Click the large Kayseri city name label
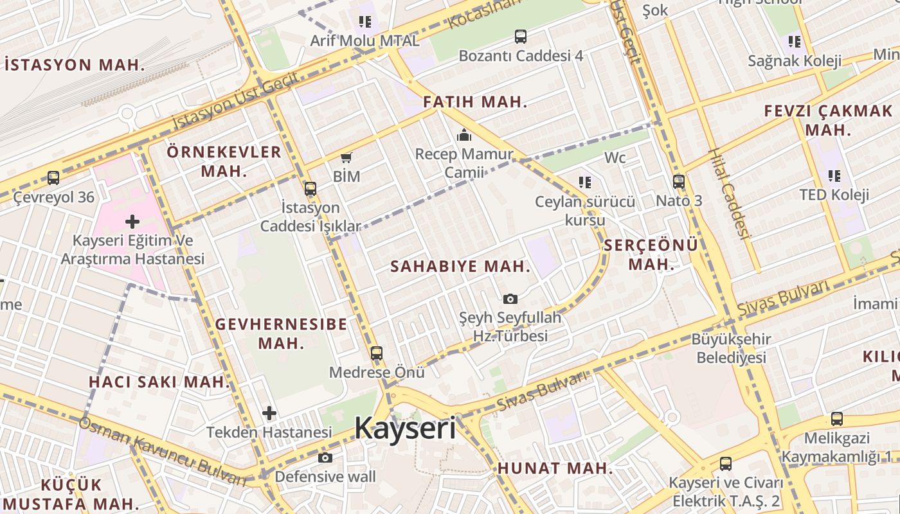click(x=405, y=428)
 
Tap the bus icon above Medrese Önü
click(x=377, y=353)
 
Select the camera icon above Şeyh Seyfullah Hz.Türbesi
click(x=510, y=299)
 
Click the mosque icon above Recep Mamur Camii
click(x=464, y=136)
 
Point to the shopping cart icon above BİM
click(x=346, y=157)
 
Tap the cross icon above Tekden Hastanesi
click(x=269, y=413)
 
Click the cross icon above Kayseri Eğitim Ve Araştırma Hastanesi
click(x=132, y=222)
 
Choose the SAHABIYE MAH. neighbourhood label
click(x=460, y=267)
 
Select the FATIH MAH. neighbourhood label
click(x=475, y=102)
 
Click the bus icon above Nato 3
click(x=679, y=182)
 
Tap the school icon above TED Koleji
click(x=834, y=175)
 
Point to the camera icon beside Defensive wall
click(x=325, y=457)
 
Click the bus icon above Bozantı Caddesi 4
click(x=521, y=37)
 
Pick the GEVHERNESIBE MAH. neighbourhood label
click(x=281, y=333)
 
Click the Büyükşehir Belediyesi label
click(x=732, y=348)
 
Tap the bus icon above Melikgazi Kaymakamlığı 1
click(x=837, y=419)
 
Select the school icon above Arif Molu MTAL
click(x=365, y=22)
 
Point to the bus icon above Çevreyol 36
click(x=53, y=178)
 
